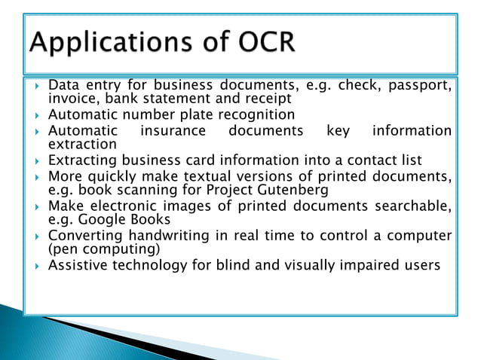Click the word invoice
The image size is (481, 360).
click(x=72, y=99)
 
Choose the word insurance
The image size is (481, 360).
click(x=173, y=130)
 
